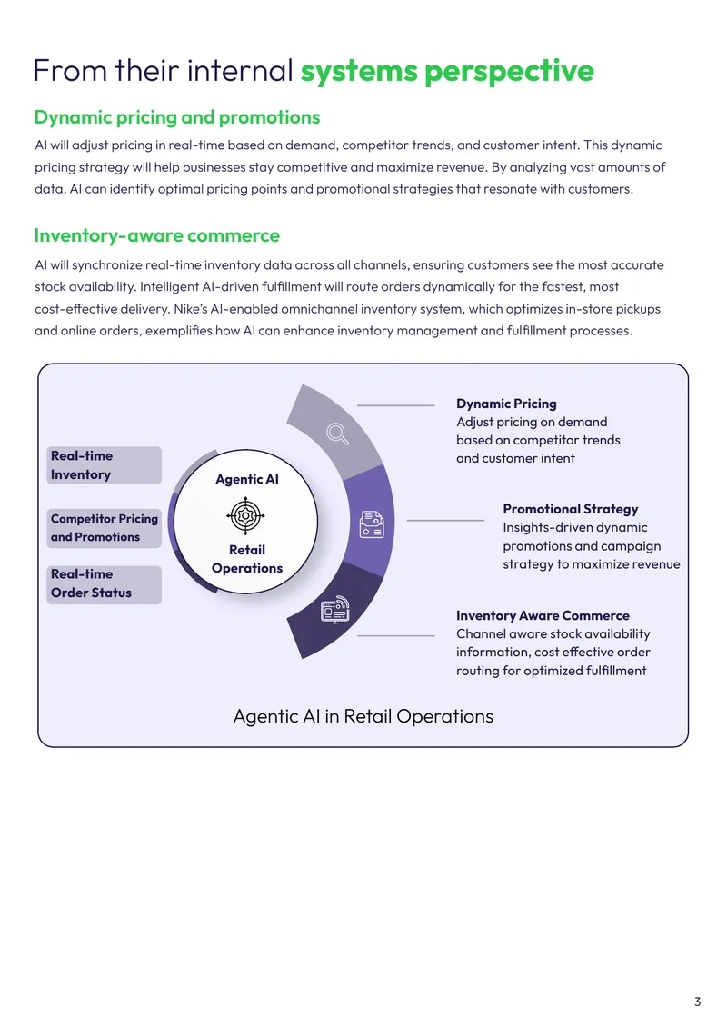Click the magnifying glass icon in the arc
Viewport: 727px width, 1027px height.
(x=337, y=434)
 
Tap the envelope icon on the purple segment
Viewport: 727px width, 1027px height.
(x=372, y=524)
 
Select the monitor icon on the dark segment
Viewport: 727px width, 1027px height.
(x=334, y=609)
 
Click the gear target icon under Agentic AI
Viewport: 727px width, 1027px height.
(x=245, y=515)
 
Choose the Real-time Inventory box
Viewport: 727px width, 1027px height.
(x=105, y=465)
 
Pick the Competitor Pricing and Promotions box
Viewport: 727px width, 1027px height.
(x=105, y=528)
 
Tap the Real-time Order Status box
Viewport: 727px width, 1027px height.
(x=105, y=583)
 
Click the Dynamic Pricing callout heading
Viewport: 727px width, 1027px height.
(x=506, y=404)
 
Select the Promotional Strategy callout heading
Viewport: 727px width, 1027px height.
(x=571, y=509)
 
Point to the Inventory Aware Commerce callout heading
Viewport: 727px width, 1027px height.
(x=543, y=615)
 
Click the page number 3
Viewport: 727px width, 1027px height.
(x=698, y=1002)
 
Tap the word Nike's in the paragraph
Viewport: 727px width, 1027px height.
(x=190, y=308)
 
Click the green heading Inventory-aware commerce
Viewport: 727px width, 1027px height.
(x=157, y=235)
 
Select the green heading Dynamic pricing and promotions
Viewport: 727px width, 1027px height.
(x=177, y=117)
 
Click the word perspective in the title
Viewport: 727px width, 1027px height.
(x=509, y=72)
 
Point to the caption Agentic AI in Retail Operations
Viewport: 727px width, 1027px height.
(x=363, y=716)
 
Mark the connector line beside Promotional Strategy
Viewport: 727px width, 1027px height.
(x=445, y=520)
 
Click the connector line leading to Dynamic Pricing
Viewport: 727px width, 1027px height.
(x=395, y=405)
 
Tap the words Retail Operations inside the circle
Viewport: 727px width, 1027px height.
(x=247, y=559)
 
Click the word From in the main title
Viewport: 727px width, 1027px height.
(x=70, y=71)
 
